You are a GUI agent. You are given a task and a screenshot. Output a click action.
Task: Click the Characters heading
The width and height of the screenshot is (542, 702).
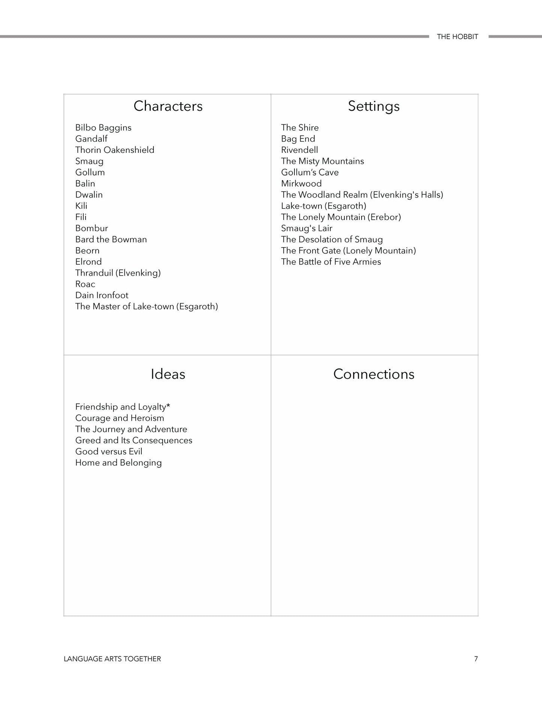coord(168,106)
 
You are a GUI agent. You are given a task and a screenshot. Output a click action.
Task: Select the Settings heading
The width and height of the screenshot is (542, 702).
coord(374,106)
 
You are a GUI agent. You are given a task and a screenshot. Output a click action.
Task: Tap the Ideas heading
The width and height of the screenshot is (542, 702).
coord(168,374)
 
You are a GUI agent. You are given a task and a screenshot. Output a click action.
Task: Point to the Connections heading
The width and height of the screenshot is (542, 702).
coord(374,374)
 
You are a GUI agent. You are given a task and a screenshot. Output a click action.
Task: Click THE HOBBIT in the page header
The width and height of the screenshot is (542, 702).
coord(457,37)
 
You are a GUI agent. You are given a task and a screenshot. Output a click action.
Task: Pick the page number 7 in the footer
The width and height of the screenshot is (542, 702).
coord(476,659)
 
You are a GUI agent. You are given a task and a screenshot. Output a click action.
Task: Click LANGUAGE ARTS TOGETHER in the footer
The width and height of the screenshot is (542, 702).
coord(112,659)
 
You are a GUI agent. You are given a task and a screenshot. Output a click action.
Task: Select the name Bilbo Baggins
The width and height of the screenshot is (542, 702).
coord(103,128)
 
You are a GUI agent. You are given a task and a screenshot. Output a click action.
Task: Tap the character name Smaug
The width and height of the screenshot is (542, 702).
coord(89,162)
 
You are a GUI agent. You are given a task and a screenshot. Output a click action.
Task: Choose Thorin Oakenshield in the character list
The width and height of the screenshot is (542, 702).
coord(114,150)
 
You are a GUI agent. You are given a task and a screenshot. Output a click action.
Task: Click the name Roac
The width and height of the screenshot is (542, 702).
coord(85,284)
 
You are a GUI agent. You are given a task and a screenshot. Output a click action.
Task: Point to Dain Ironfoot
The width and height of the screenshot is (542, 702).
coord(102,295)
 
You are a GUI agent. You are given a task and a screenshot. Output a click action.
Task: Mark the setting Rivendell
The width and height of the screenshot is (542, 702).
coord(299,150)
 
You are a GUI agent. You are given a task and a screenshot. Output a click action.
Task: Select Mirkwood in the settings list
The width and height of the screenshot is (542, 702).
coord(301,184)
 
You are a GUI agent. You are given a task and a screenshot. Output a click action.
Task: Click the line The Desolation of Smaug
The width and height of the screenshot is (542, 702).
coord(332,240)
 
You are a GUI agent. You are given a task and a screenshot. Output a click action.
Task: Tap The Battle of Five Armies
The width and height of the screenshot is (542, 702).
coord(331,262)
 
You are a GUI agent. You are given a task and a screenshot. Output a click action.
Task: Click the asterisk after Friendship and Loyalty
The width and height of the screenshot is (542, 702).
coord(168,406)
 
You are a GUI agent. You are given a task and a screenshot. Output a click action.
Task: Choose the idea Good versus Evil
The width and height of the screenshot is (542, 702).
coord(109,451)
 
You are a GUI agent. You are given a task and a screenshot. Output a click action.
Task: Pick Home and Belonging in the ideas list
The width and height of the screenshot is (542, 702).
coord(118,463)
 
